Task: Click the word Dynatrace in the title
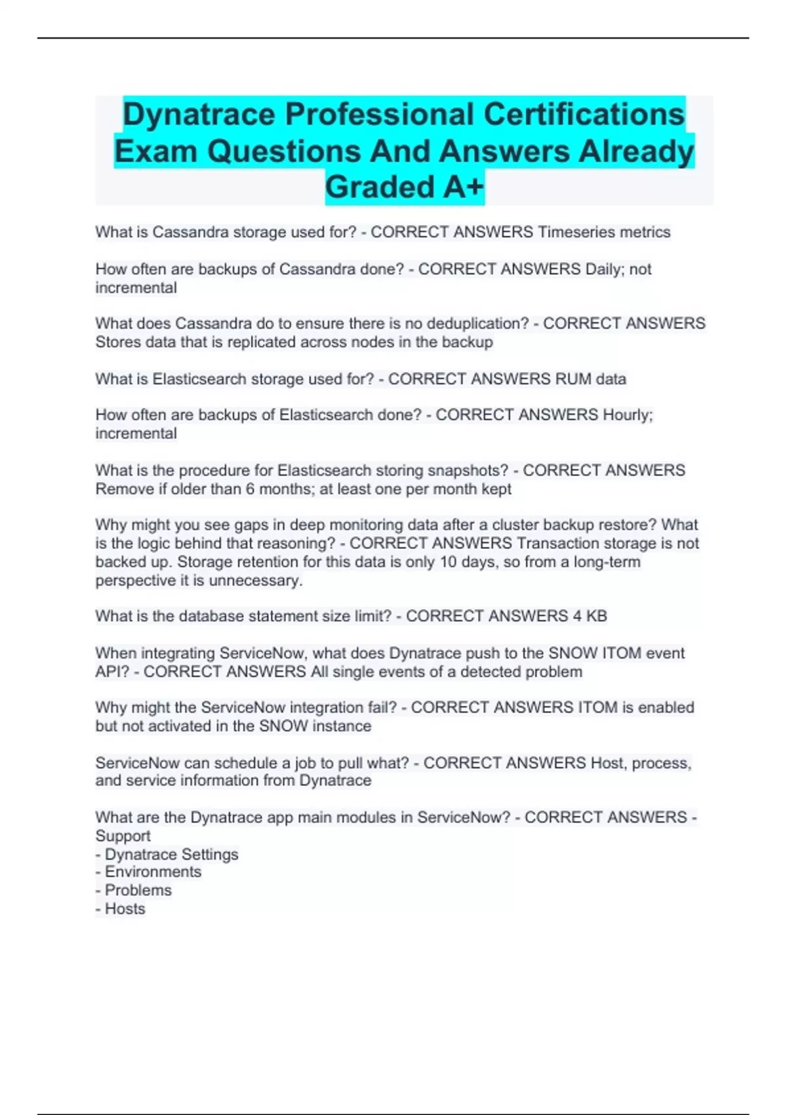coord(199,114)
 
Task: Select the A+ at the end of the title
coord(463,187)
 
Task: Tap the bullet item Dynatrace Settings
coord(171,855)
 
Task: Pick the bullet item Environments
coord(153,872)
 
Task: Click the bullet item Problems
coord(138,891)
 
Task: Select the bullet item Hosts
coord(125,909)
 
